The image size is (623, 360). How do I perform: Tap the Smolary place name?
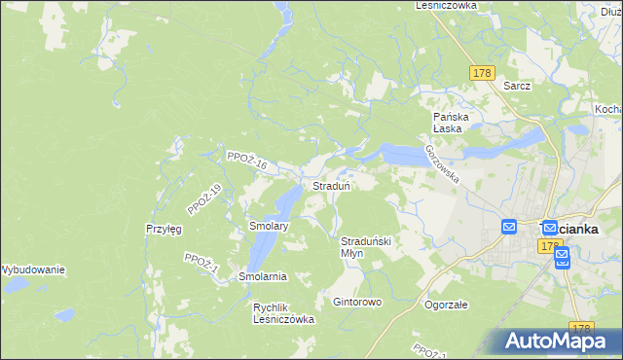pyautogui.click(x=269, y=226)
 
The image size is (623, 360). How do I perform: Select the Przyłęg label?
pyautogui.click(x=165, y=229)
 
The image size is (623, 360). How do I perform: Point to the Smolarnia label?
pyautogui.click(x=263, y=276)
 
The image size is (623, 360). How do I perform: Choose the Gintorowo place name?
pyautogui.click(x=357, y=302)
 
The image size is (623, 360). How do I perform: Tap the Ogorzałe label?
pyautogui.click(x=446, y=305)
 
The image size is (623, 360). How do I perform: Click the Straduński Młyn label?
pyautogui.click(x=365, y=246)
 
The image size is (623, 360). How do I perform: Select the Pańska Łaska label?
pyautogui.click(x=452, y=123)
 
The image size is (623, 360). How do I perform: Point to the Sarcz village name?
pyautogui.click(x=517, y=86)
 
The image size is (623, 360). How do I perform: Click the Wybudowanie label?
pyautogui.click(x=32, y=269)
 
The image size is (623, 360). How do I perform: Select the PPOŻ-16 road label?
pyautogui.click(x=245, y=161)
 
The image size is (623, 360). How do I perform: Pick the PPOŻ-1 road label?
pyautogui.click(x=202, y=263)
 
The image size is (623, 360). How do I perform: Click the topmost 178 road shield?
pyautogui.click(x=481, y=73)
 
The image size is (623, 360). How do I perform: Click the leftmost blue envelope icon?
pyautogui.click(x=509, y=227)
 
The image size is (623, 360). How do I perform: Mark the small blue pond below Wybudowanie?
pyautogui.click(x=63, y=315)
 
